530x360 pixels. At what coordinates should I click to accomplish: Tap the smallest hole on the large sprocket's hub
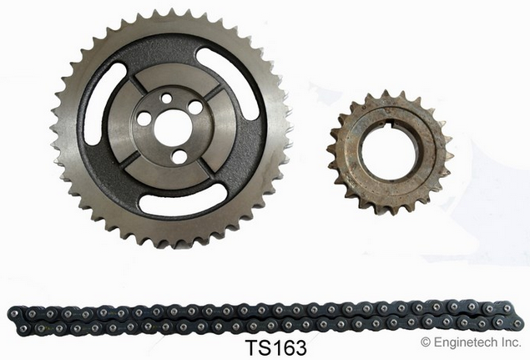tap(166, 99)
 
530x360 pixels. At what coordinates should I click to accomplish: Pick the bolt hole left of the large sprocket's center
tap(144, 119)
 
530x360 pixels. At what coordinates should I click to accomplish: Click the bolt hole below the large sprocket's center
tap(179, 157)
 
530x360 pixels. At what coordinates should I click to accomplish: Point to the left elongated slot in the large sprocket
tap(103, 104)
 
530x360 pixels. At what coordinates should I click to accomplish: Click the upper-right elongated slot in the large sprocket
tap(229, 83)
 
